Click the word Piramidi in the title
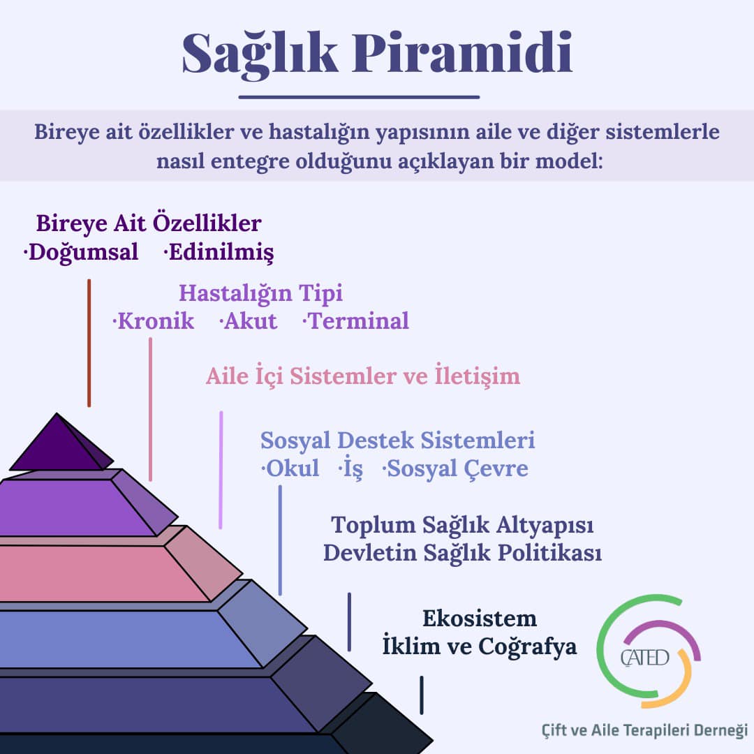tap(462, 52)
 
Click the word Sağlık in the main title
tap(260, 54)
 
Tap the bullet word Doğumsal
tap(81, 253)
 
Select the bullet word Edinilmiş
tap(219, 253)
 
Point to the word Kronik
tap(154, 320)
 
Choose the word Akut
tap(248, 320)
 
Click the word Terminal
tap(356, 320)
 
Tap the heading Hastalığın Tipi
tap(260, 293)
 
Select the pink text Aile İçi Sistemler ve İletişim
tap(363, 376)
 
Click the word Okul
tap(290, 468)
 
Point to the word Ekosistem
tap(480, 619)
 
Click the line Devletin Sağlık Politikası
tap(463, 553)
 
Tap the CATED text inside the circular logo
tap(644, 658)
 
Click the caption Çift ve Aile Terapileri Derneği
tap(644, 730)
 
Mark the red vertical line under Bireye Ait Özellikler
tap(89, 343)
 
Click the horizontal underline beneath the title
tap(360, 97)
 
